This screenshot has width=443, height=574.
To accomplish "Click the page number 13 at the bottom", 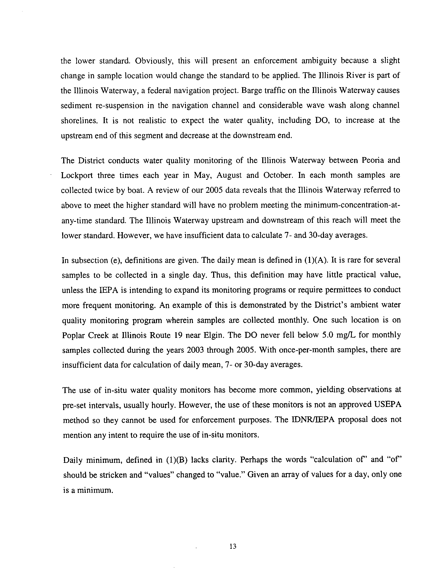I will (x=233, y=547).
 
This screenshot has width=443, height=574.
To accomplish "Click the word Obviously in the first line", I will (x=154, y=61).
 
